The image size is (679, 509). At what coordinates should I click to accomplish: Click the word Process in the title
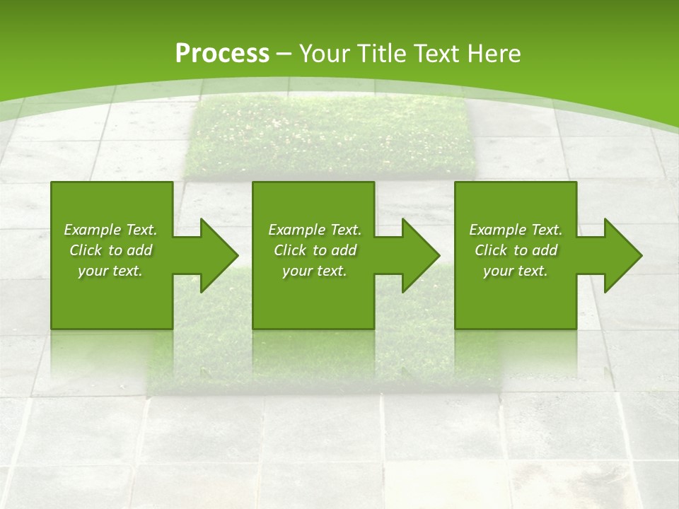(x=222, y=54)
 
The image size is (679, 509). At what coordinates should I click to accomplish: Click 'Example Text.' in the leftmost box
(x=110, y=230)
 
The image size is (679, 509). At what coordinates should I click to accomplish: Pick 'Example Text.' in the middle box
(x=315, y=230)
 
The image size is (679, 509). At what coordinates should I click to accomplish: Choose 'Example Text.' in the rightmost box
(x=516, y=230)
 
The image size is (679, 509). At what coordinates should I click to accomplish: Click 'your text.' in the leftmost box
(x=110, y=271)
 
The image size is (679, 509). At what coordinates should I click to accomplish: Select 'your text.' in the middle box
(x=315, y=271)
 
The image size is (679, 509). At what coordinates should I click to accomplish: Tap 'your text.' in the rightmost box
(x=516, y=271)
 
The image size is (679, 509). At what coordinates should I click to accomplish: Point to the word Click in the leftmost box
(x=86, y=250)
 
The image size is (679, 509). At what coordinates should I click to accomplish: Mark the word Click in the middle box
(x=290, y=250)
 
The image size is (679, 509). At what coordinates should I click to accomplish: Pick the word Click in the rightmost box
(x=491, y=250)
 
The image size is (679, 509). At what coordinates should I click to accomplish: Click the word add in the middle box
(x=344, y=250)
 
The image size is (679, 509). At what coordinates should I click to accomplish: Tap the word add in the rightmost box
(x=545, y=250)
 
